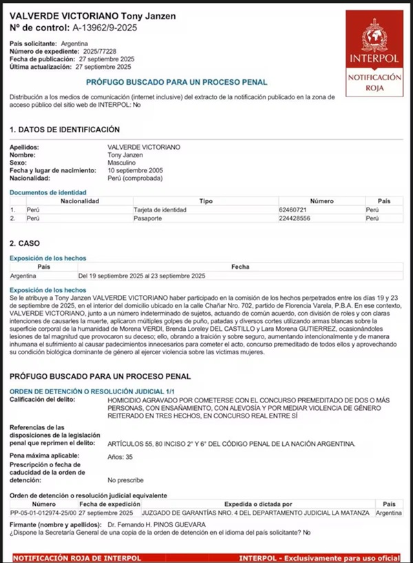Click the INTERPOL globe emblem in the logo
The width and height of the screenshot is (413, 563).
tap(374, 35)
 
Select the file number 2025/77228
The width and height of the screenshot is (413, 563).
tap(96, 52)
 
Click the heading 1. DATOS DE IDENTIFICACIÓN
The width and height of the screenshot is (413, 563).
tap(65, 130)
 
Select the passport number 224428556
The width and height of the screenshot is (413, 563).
tap(295, 218)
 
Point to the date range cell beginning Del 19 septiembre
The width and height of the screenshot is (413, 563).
tap(142, 275)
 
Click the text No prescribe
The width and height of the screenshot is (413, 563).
tap(125, 480)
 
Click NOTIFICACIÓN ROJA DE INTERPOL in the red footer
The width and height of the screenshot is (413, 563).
tap(68, 557)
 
